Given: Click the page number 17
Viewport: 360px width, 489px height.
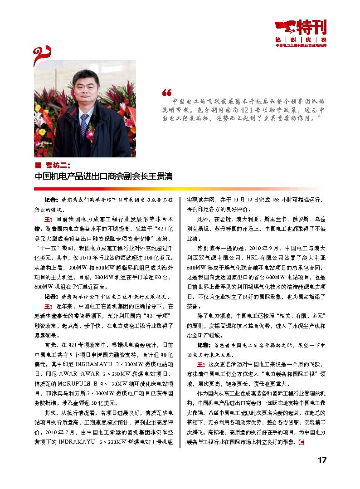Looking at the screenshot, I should [x=321, y=460].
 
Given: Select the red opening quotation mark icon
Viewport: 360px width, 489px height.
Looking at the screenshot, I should [x=166, y=92].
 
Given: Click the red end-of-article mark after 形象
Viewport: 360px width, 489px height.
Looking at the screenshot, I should [x=299, y=443].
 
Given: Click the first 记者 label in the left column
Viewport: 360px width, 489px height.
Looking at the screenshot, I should [x=50, y=200].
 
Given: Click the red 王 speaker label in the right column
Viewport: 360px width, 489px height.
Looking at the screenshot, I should [x=200, y=364].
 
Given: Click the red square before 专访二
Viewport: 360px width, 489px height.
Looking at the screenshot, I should [x=38, y=165].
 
